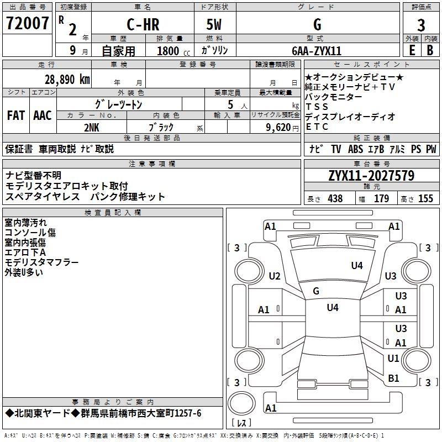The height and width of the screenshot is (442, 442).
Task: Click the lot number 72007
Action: [x=27, y=24]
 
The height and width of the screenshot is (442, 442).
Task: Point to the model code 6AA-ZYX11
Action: [x=317, y=50]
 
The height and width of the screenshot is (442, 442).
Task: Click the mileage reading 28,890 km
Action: [x=66, y=79]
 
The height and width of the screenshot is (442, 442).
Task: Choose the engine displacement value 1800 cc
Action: [x=171, y=51]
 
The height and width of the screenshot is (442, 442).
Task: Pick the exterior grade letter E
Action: [x=412, y=50]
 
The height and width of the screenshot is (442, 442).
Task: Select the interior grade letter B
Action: [x=430, y=50]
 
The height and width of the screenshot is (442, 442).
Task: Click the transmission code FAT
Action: [x=15, y=115]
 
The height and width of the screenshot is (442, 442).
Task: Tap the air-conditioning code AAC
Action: [x=43, y=115]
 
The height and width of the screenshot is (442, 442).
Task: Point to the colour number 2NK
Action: [x=92, y=127]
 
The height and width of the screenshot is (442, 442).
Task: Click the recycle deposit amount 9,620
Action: [x=278, y=127]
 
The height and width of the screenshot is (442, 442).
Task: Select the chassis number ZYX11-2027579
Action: [x=371, y=176]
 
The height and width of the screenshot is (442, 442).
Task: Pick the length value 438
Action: [x=335, y=199]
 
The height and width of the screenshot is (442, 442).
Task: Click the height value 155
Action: [x=425, y=199]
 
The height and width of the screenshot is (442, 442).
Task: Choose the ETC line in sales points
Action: [x=317, y=127]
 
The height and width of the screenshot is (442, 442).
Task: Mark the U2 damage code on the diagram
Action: [x=275, y=276]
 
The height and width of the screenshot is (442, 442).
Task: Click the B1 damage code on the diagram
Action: [x=393, y=378]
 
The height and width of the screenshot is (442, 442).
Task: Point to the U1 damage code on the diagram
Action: [x=393, y=359]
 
